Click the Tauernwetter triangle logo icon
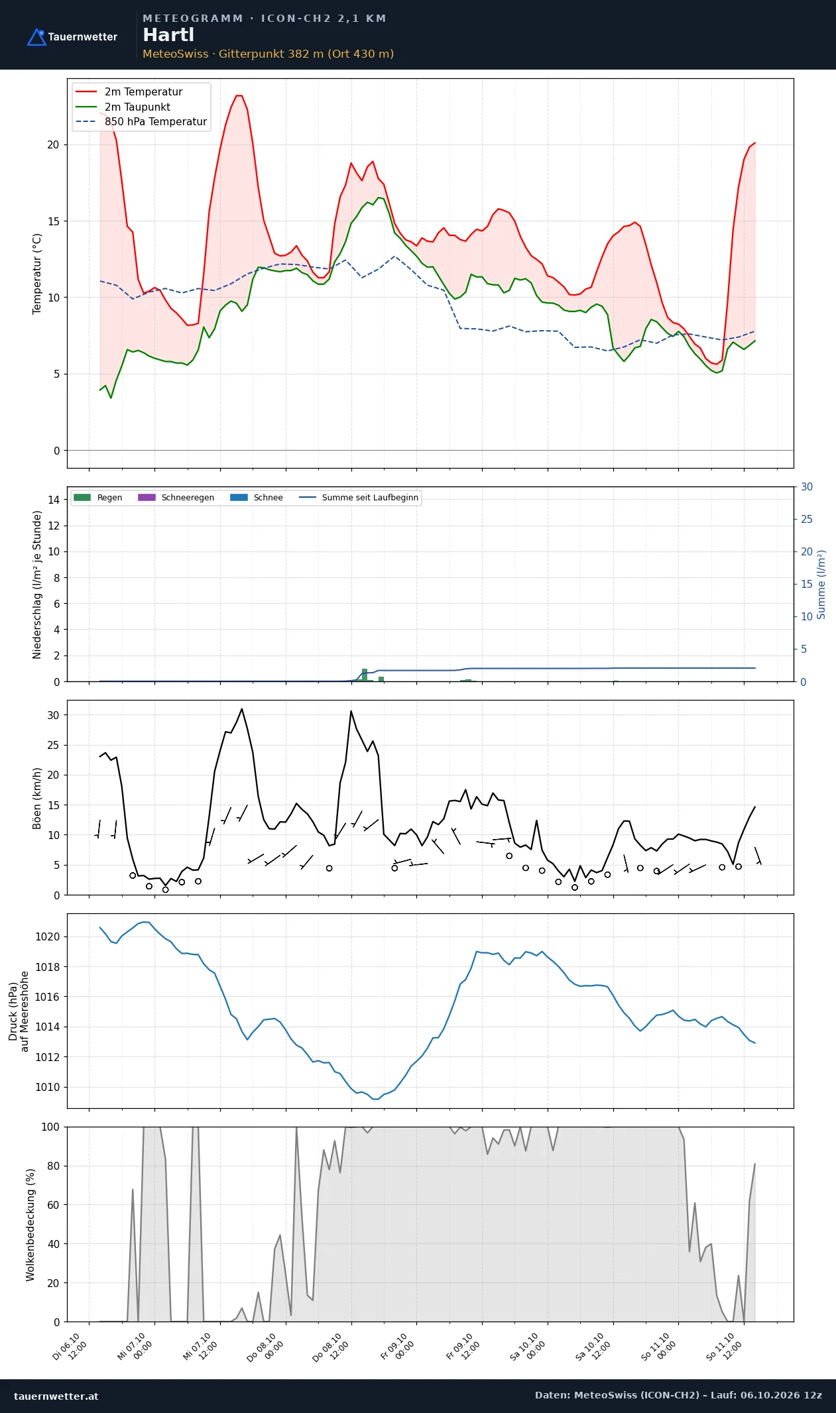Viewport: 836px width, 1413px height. point(36,37)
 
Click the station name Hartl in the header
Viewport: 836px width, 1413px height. point(168,34)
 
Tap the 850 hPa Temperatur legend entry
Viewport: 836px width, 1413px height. point(141,122)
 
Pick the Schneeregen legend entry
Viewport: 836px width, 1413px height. point(176,498)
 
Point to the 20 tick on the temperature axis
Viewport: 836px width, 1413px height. point(53,144)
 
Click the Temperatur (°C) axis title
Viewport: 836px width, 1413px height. point(37,274)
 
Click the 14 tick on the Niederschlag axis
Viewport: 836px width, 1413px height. point(53,500)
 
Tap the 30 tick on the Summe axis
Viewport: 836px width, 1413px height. point(807,486)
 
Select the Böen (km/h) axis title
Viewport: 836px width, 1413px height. point(37,798)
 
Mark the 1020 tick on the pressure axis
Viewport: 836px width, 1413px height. point(47,936)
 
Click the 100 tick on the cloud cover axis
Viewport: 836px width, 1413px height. point(50,1127)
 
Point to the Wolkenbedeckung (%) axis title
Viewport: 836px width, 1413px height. point(30,1225)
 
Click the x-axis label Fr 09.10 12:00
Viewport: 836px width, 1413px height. point(463,1345)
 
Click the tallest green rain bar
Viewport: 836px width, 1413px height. point(365,675)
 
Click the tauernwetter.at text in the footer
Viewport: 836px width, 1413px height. point(56,1396)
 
